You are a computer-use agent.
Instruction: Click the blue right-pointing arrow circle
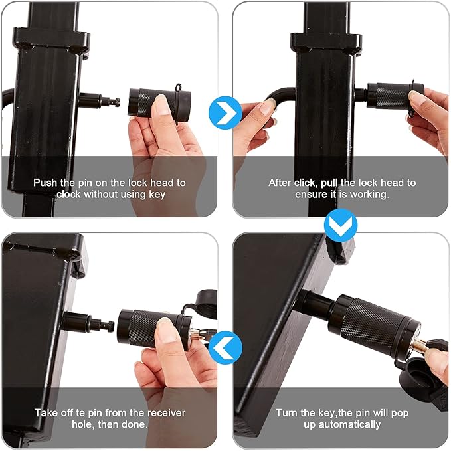coord(225,112)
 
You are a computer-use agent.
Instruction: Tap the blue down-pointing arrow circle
coord(341,225)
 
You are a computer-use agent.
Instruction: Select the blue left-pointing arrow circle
coord(225,347)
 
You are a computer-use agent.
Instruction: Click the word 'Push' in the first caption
coord(45,183)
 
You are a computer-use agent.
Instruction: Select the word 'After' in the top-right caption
coord(280,183)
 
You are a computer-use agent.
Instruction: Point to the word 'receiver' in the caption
coord(166,413)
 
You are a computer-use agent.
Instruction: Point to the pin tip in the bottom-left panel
coord(111,327)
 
